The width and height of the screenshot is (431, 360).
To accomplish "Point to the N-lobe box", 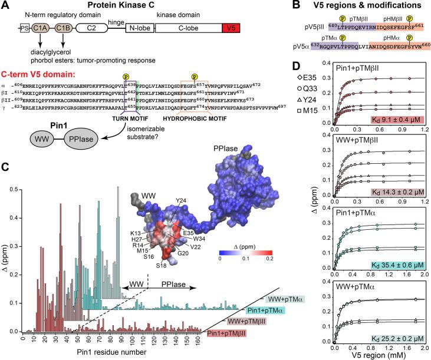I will click(138, 27).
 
